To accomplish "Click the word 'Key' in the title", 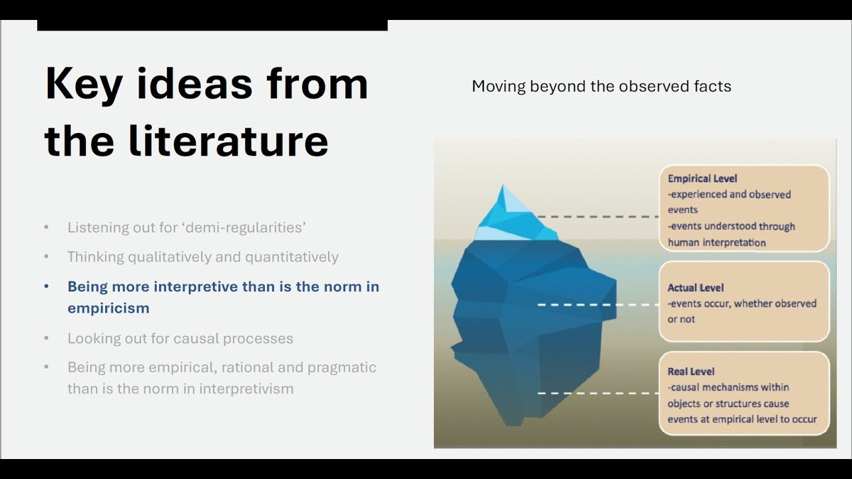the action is (x=84, y=84).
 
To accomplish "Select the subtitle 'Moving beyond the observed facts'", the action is (x=601, y=86).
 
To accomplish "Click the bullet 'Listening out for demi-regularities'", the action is (x=187, y=228).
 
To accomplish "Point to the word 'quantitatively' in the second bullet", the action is (x=292, y=257).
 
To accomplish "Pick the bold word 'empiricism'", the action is (x=108, y=308).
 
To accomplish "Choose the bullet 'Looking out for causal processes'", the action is (x=180, y=339).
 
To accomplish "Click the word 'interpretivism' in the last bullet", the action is (x=246, y=389).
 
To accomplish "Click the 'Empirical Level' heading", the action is (x=702, y=179).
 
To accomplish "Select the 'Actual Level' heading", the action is (x=696, y=288).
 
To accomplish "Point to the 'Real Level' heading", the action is (x=691, y=371).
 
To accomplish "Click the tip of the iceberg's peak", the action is (x=503, y=185).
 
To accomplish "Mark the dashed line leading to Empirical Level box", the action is (x=598, y=217).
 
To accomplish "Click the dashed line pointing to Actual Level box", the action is (x=598, y=305).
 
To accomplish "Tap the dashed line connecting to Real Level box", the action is (x=598, y=393).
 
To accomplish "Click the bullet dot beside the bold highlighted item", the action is (x=47, y=286).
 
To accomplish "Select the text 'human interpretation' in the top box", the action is (x=717, y=243).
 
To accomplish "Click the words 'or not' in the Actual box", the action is (x=681, y=319).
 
